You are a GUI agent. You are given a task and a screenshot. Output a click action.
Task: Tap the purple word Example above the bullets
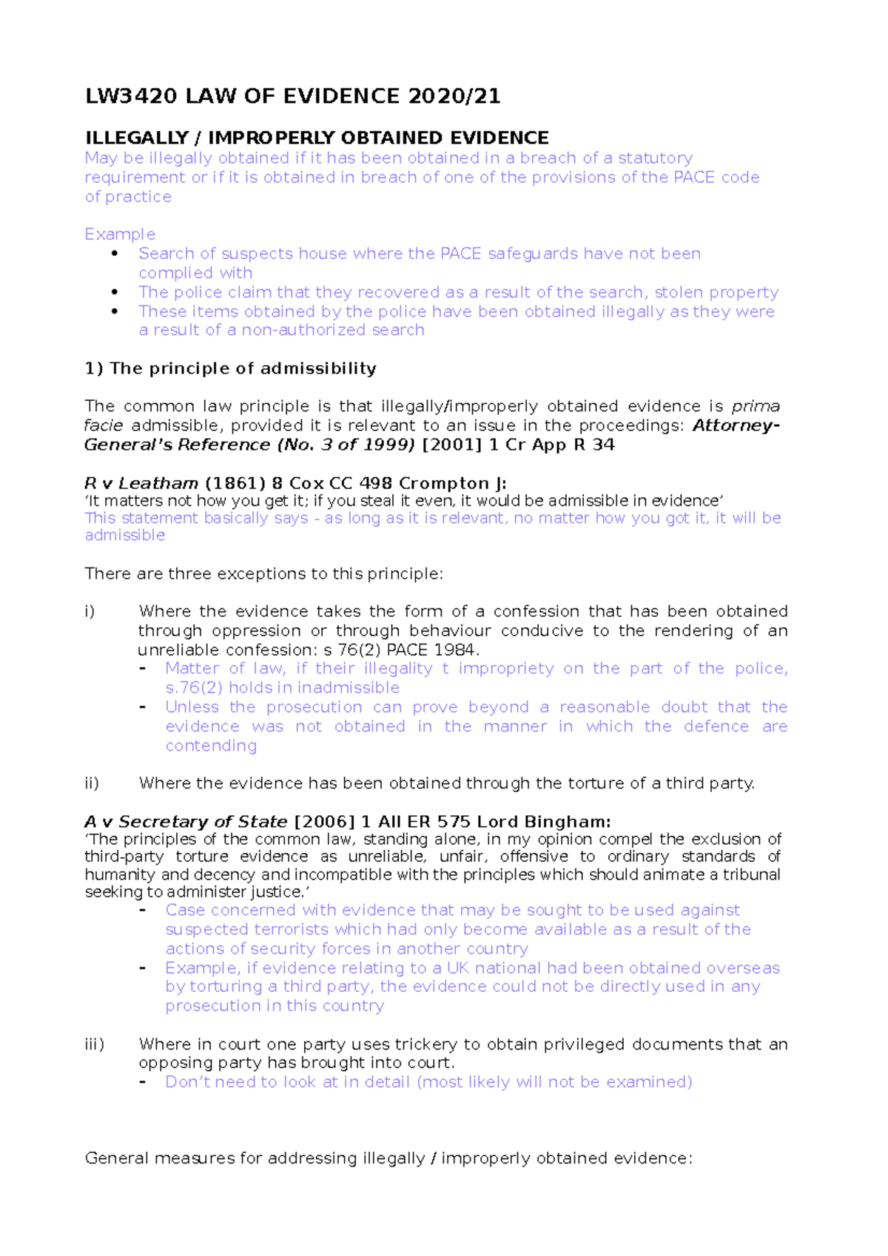tap(120, 234)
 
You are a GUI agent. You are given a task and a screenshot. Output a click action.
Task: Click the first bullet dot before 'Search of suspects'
tap(114, 254)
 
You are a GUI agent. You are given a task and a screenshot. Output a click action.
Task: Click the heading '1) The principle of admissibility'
tap(230, 368)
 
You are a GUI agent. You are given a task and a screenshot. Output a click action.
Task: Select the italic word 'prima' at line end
tap(755, 407)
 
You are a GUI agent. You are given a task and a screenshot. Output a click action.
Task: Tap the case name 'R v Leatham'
tap(141, 484)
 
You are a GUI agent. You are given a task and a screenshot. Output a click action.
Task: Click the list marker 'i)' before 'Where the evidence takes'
tap(90, 612)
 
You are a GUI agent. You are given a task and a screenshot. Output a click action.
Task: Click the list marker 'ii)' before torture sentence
tap(92, 783)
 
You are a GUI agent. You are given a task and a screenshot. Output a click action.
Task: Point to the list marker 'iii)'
tap(94, 1044)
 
